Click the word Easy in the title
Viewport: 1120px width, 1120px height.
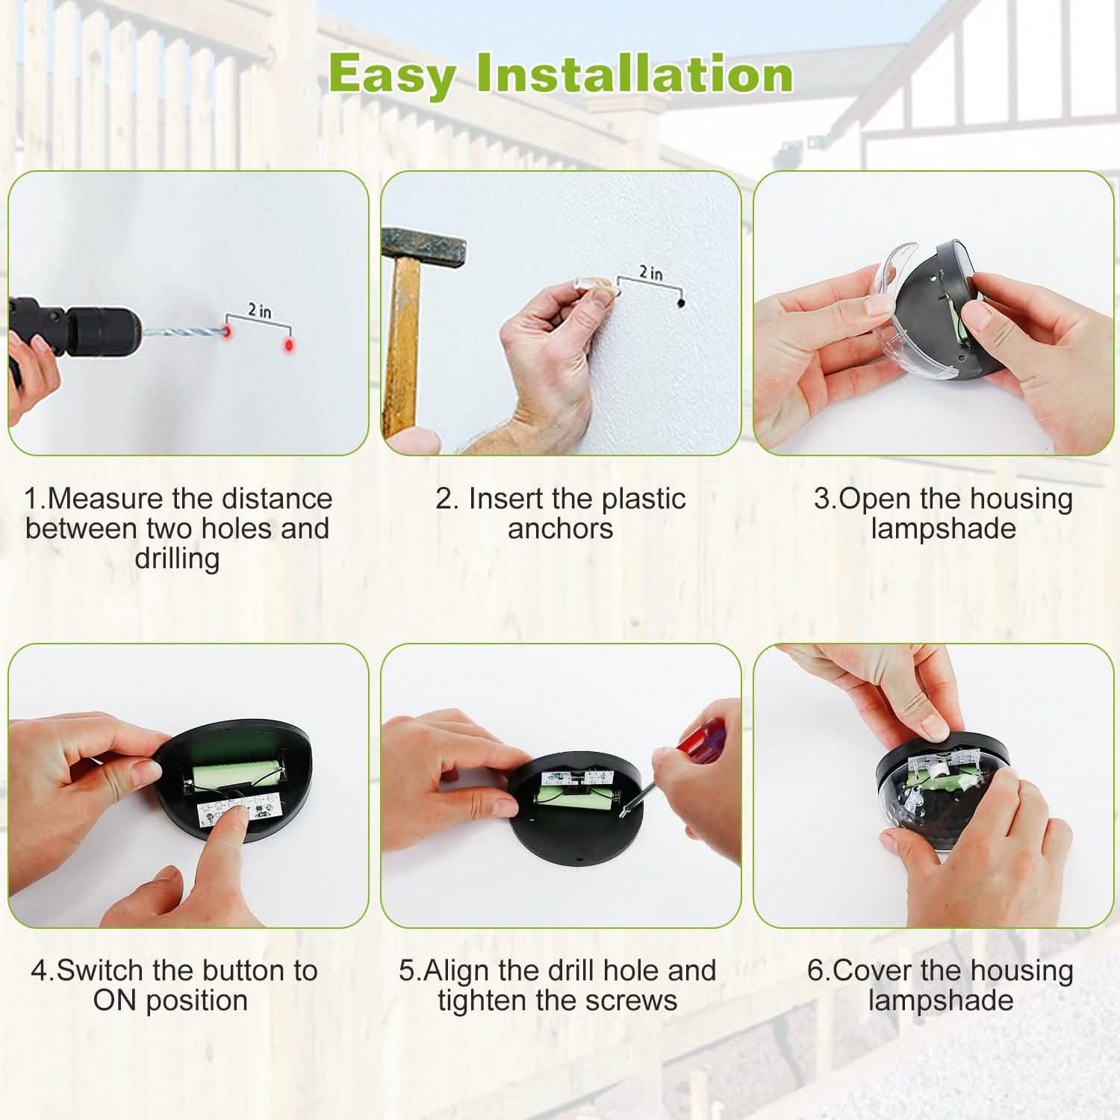(391, 75)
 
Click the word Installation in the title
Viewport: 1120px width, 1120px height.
(635, 75)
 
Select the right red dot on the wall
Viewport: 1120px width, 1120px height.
(287, 346)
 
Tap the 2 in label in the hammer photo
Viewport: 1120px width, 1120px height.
(650, 273)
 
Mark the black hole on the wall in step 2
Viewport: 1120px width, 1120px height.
(680, 303)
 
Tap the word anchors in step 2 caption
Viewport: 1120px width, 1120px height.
(560, 529)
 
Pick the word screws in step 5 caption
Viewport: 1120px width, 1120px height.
(635, 1001)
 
